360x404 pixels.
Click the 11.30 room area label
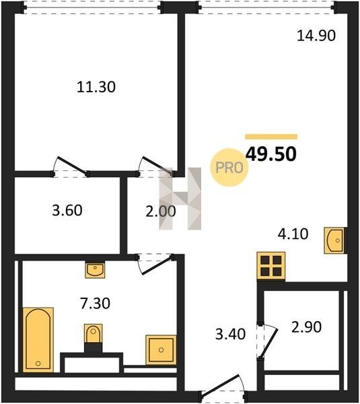click(96, 87)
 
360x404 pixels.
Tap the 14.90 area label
click(316, 36)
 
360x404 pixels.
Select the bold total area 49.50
click(271, 154)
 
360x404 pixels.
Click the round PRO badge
click(229, 168)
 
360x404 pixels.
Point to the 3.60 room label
click(67, 210)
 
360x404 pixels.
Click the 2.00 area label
click(161, 211)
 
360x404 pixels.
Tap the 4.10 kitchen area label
click(293, 234)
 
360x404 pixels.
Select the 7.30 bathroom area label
click(96, 303)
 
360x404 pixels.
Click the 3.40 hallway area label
click(231, 334)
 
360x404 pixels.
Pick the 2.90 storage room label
click(306, 327)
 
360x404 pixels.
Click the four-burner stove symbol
click(271, 266)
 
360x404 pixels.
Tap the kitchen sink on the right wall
click(334, 240)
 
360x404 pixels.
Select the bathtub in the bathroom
click(38, 339)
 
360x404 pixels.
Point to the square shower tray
click(161, 350)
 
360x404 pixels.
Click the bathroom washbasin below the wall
click(95, 269)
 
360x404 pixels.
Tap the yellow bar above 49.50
click(271, 137)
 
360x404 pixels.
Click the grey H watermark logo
click(180, 199)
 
